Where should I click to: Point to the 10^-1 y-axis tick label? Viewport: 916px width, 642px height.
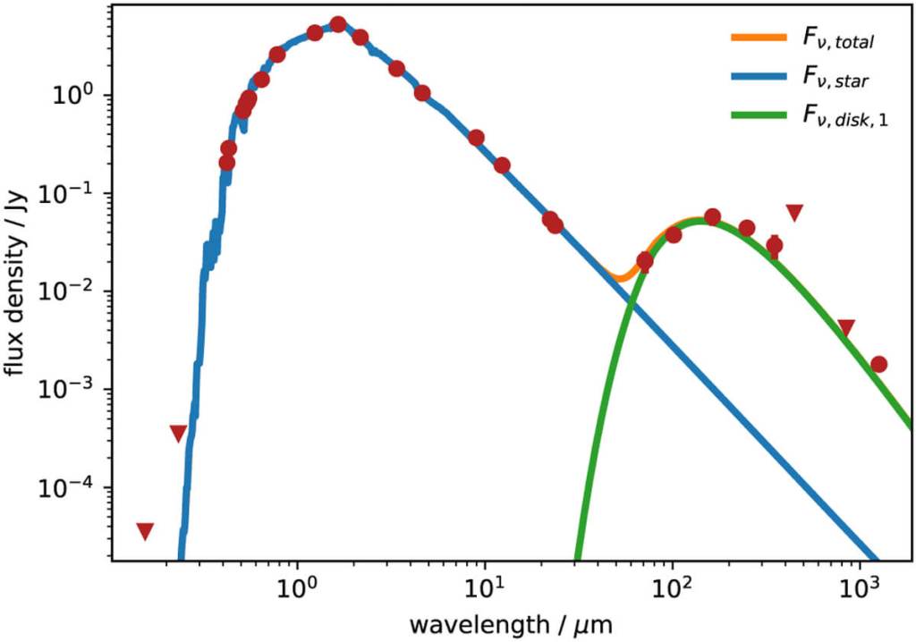coord(75,193)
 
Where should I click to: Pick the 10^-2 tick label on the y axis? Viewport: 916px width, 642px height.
coord(75,291)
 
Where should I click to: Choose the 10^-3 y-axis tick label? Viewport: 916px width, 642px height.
coord(75,389)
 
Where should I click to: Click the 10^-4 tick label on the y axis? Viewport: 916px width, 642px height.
coord(75,487)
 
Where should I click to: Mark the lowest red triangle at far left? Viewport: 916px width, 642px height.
coord(145,531)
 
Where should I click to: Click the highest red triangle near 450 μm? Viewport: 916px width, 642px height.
coord(794,212)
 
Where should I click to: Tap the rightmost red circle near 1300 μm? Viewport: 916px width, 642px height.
coord(878,364)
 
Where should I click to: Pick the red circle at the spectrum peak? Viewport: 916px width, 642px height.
coord(338,24)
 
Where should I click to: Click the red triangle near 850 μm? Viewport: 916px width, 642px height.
coord(846,327)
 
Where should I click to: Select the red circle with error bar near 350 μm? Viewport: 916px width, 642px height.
coord(775,245)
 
